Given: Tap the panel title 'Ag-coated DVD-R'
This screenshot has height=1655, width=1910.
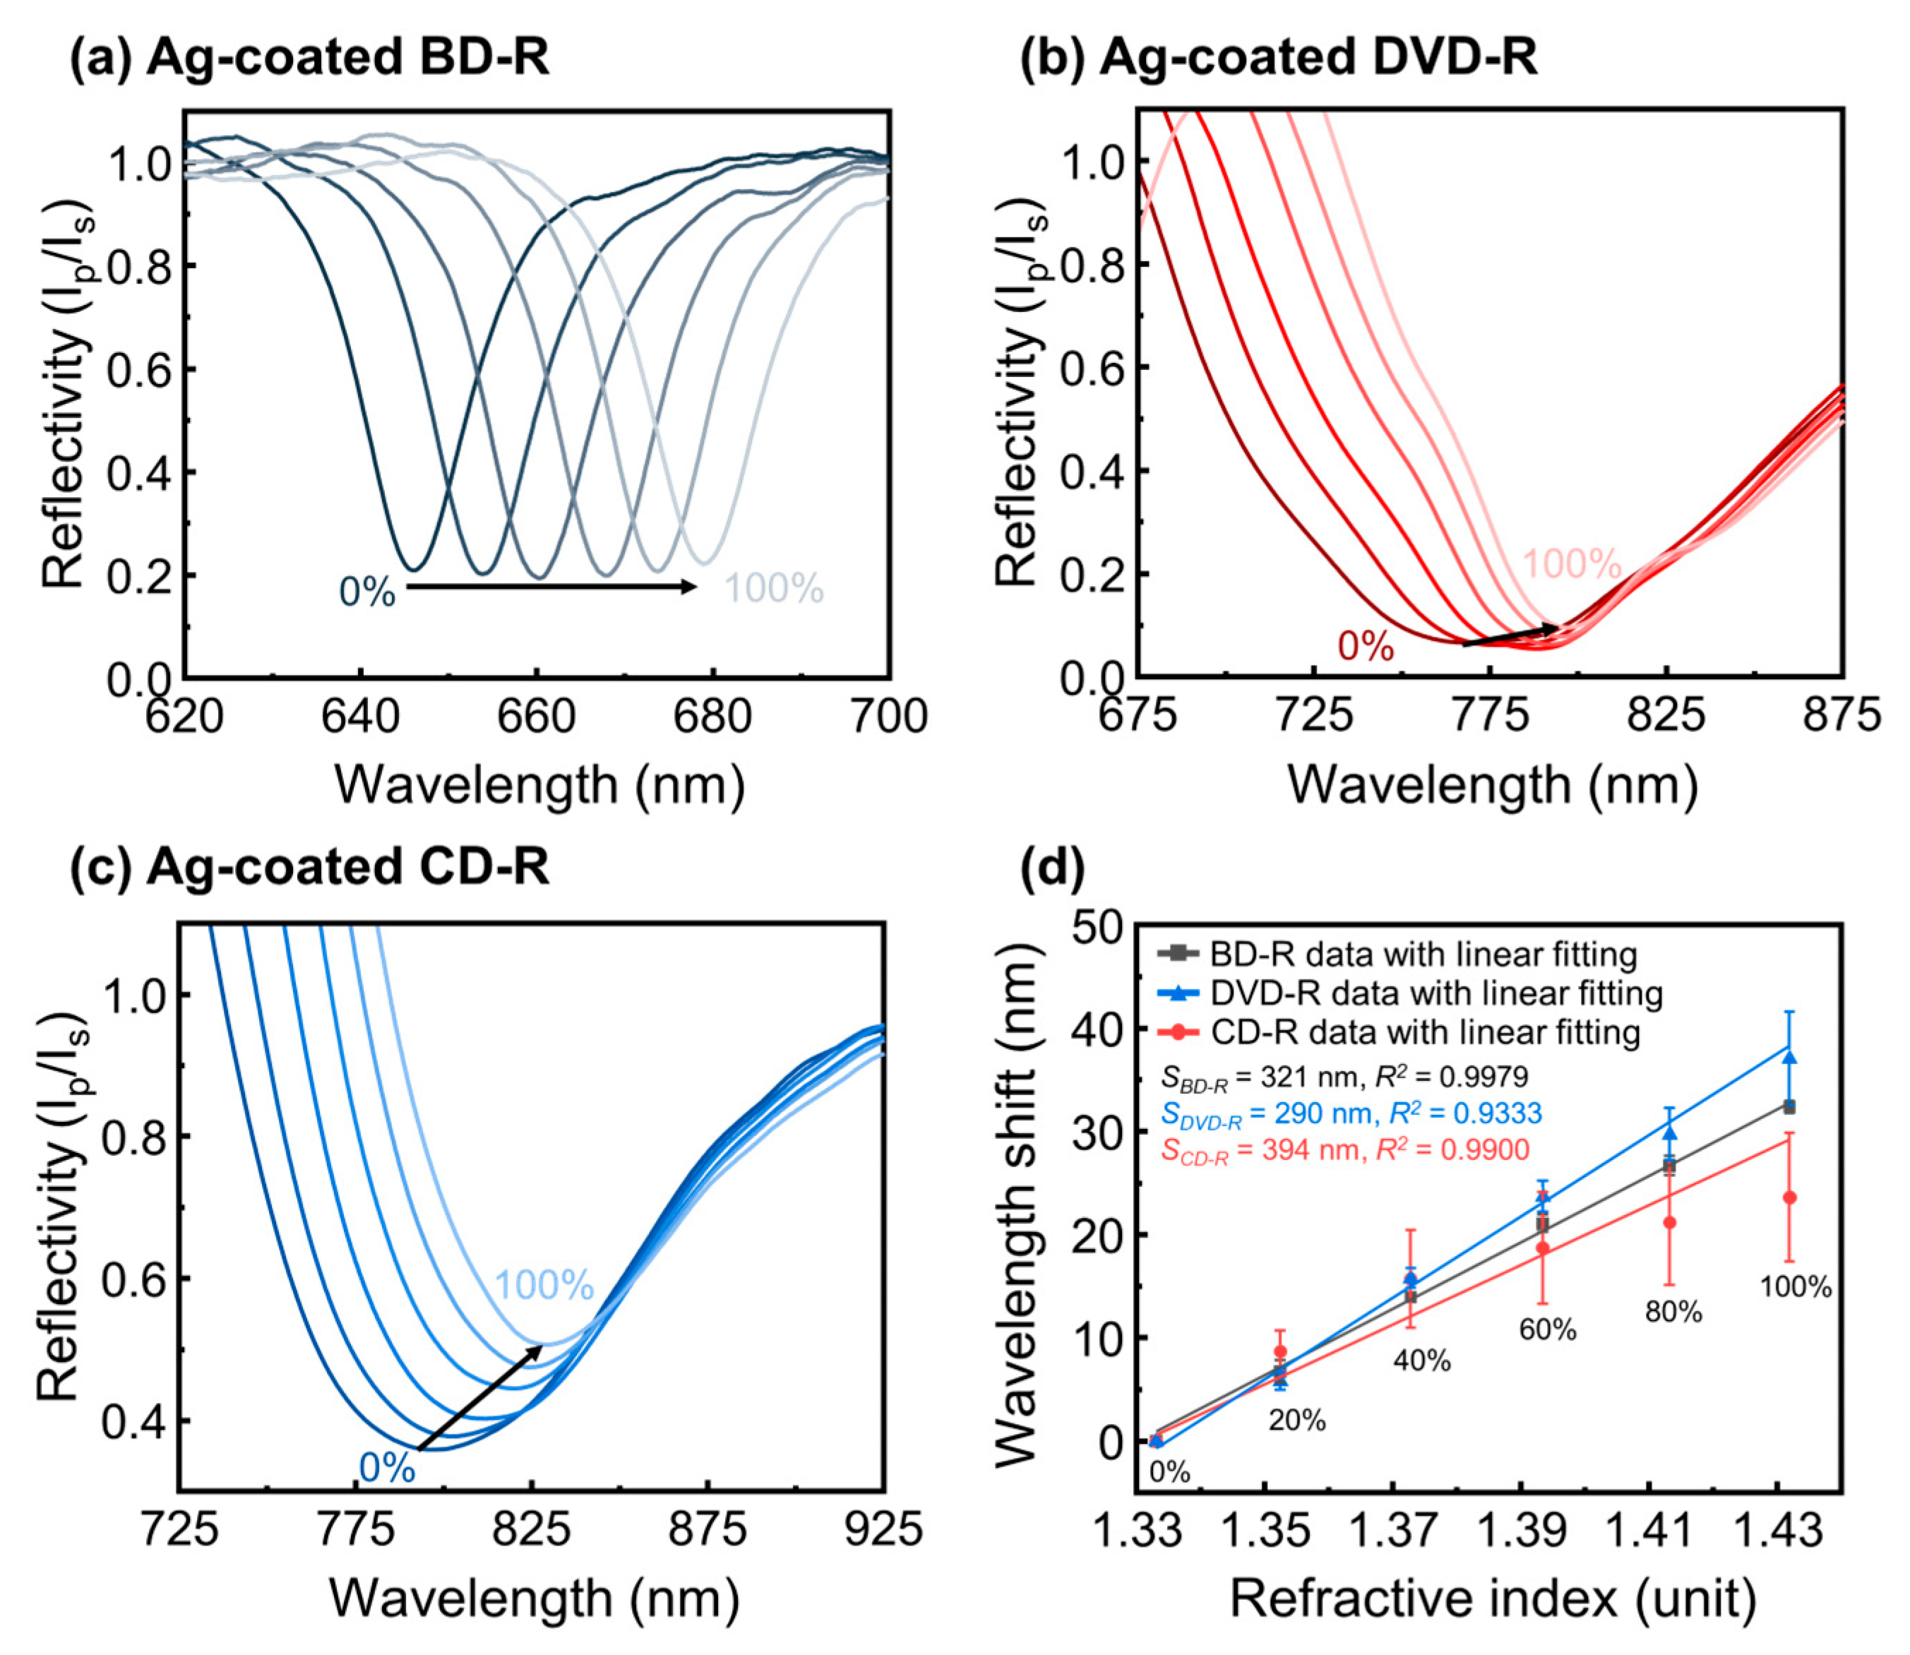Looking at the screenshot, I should pyautogui.click(x=1318, y=57).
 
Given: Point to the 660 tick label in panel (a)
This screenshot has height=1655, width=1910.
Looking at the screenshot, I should pyautogui.click(x=537, y=717).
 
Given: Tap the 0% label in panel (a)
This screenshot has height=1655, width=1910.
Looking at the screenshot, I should pyautogui.click(x=366, y=592).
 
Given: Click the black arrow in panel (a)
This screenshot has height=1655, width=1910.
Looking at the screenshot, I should pyautogui.click(x=551, y=587).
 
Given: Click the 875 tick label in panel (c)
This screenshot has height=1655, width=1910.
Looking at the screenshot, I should pyautogui.click(x=708, y=1529).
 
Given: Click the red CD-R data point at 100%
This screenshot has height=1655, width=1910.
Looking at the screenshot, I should pyautogui.click(x=1789, y=1198).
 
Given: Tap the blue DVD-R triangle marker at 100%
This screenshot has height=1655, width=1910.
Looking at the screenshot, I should pyautogui.click(x=1789, y=1058).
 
